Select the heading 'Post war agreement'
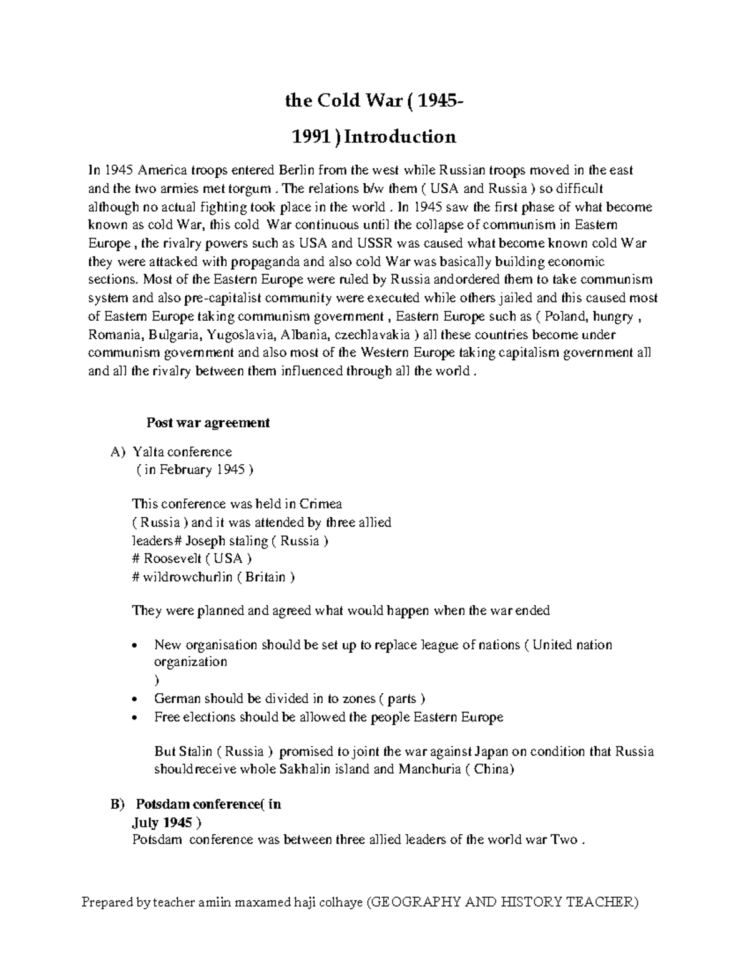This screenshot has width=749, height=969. pos(208,422)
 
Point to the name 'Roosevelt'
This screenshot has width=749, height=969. pos(170,558)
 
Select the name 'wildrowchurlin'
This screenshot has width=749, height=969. pos(187,577)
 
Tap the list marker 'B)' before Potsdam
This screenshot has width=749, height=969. pos(117,804)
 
